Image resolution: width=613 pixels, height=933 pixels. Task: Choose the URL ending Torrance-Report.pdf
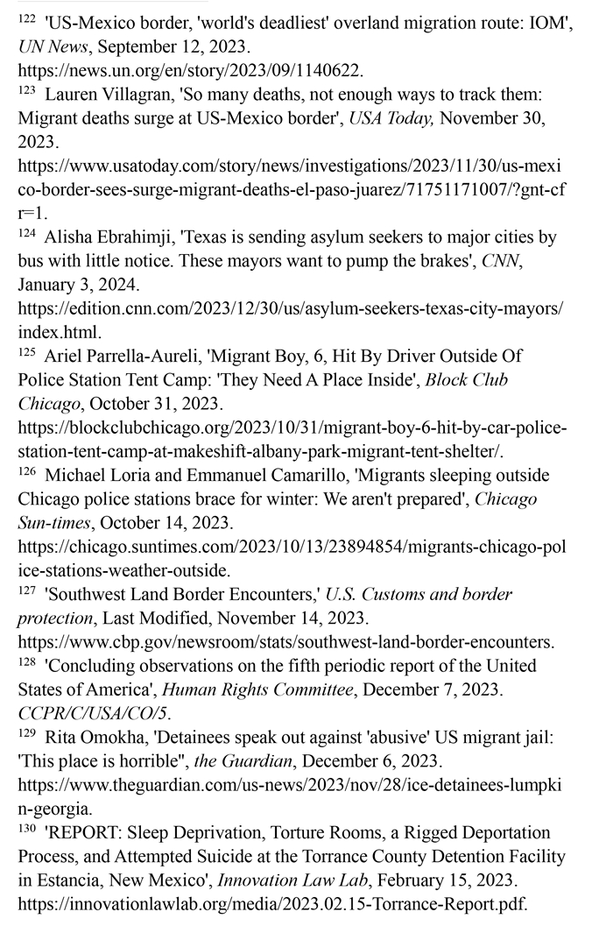(272, 901)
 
